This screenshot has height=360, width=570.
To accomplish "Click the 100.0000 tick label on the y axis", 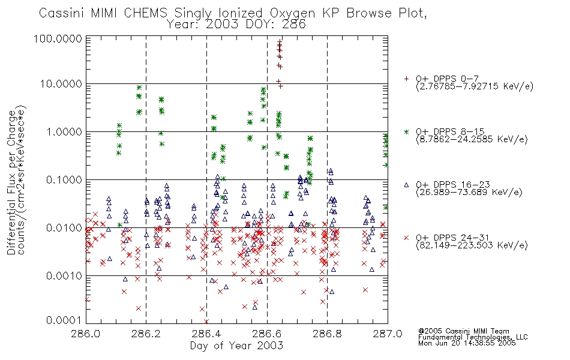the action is (58, 39).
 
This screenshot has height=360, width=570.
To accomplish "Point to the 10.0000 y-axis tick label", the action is (61, 84).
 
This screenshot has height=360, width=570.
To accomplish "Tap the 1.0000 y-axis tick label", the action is (64, 131).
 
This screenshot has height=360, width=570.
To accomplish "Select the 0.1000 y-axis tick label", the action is (64, 179).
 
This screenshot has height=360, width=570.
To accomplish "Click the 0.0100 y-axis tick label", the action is (64, 228).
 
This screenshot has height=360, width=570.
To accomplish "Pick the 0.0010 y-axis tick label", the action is (64, 276).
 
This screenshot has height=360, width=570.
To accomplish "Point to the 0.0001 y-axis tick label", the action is (64, 320).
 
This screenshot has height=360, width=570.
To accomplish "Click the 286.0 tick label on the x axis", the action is (86, 334).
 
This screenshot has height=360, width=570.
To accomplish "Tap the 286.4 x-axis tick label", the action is (206, 334).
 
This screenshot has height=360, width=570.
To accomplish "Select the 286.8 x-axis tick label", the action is (327, 334).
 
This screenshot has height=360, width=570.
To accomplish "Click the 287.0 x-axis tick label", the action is (388, 334).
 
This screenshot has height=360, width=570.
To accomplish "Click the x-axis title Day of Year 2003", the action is (236, 346).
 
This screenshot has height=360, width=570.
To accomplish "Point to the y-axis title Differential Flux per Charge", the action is (11, 182).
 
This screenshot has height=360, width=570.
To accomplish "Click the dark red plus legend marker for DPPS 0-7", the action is (406, 79).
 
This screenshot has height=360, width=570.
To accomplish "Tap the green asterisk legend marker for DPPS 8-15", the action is (406, 131).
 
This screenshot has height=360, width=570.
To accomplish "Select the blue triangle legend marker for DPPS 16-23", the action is (406, 185).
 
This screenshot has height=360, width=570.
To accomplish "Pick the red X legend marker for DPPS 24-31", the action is (406, 238).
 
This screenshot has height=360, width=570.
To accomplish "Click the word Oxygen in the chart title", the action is (292, 13).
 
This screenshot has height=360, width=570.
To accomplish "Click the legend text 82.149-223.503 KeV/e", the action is (472, 245).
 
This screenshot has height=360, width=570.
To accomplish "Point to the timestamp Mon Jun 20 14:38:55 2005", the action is (467, 343).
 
